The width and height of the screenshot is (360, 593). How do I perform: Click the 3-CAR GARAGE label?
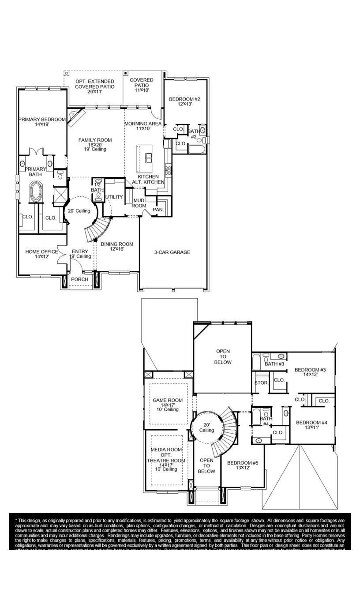coord(172,252)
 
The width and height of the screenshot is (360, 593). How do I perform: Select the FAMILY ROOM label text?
coord(95,140)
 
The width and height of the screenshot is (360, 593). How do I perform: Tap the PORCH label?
coord(80,279)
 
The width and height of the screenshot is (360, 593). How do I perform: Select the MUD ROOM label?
coord(139,203)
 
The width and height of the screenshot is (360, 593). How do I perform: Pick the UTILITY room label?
coord(114,197)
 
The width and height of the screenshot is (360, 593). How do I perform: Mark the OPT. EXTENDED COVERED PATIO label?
coord(94,84)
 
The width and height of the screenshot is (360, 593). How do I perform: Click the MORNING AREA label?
coord(143,124)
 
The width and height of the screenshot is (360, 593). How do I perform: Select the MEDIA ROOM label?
coord(166,450)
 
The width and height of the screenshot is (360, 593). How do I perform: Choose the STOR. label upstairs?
coord(261,383)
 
